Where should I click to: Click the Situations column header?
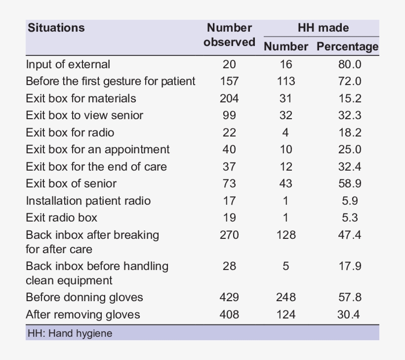tap(56, 28)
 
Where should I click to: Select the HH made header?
tap(323, 28)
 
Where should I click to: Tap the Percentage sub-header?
tap(347, 46)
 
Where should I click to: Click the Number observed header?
tap(229, 35)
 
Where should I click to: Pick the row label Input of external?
tap(68, 64)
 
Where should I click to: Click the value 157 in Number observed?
tap(229, 81)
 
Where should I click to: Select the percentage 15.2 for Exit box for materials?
tap(350, 98)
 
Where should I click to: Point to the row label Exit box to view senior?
tap(84, 115)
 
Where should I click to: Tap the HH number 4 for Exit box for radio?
tap(285, 133)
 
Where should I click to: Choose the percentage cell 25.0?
tap(350, 149)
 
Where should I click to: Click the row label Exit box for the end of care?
tap(96, 167)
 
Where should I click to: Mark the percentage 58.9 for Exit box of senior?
tap(350, 183)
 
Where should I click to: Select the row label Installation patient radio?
tap(88, 201)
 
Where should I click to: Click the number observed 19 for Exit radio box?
tap(229, 218)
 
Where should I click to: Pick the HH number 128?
tap(286, 235)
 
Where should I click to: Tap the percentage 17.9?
tap(350, 266)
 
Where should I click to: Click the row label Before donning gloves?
tap(84, 297)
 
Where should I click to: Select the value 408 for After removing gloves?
tap(229, 315)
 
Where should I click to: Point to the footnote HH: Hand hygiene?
tap(69, 333)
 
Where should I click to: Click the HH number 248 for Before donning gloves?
tap(286, 297)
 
